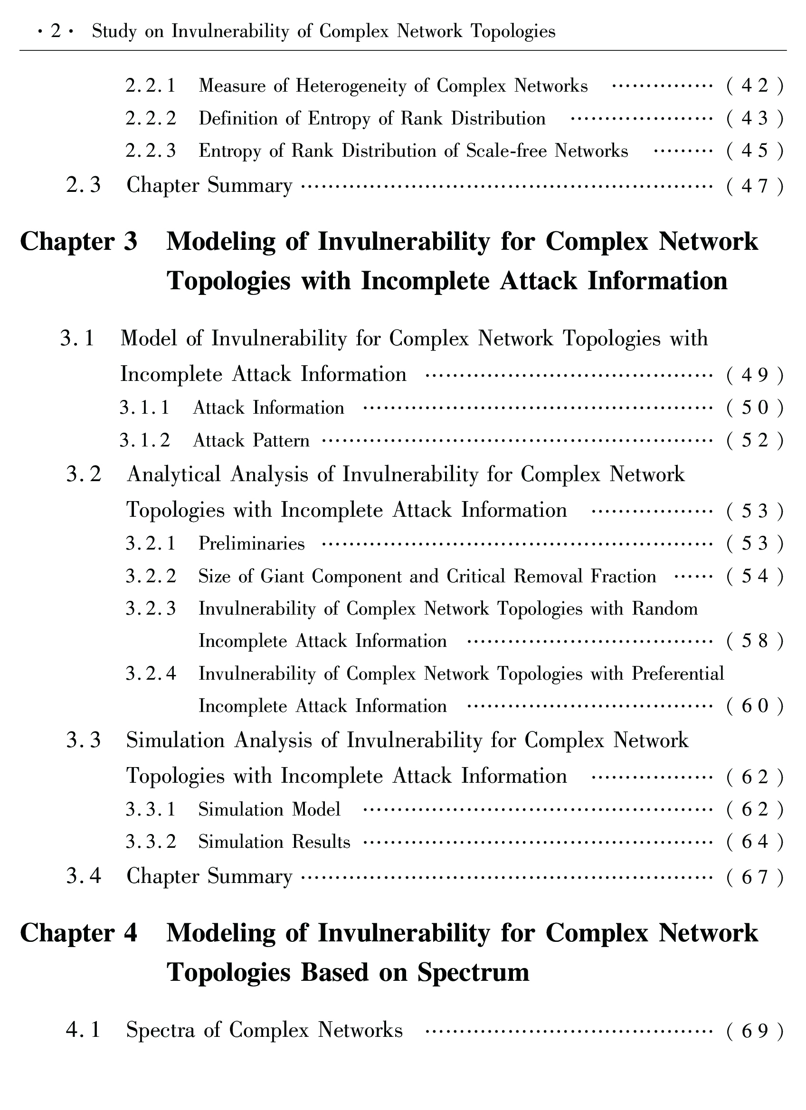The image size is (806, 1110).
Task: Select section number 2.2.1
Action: pos(150,86)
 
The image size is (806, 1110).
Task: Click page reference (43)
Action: pos(755,119)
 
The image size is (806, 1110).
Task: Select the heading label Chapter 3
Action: pos(79,242)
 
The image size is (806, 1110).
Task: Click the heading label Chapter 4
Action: pos(79,933)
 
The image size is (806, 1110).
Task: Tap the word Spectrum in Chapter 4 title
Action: pos(473,972)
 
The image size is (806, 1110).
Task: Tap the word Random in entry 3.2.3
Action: pos(664,609)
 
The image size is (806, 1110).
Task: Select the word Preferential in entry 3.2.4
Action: pos(678,674)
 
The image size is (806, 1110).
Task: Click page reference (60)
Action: pos(755,707)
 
